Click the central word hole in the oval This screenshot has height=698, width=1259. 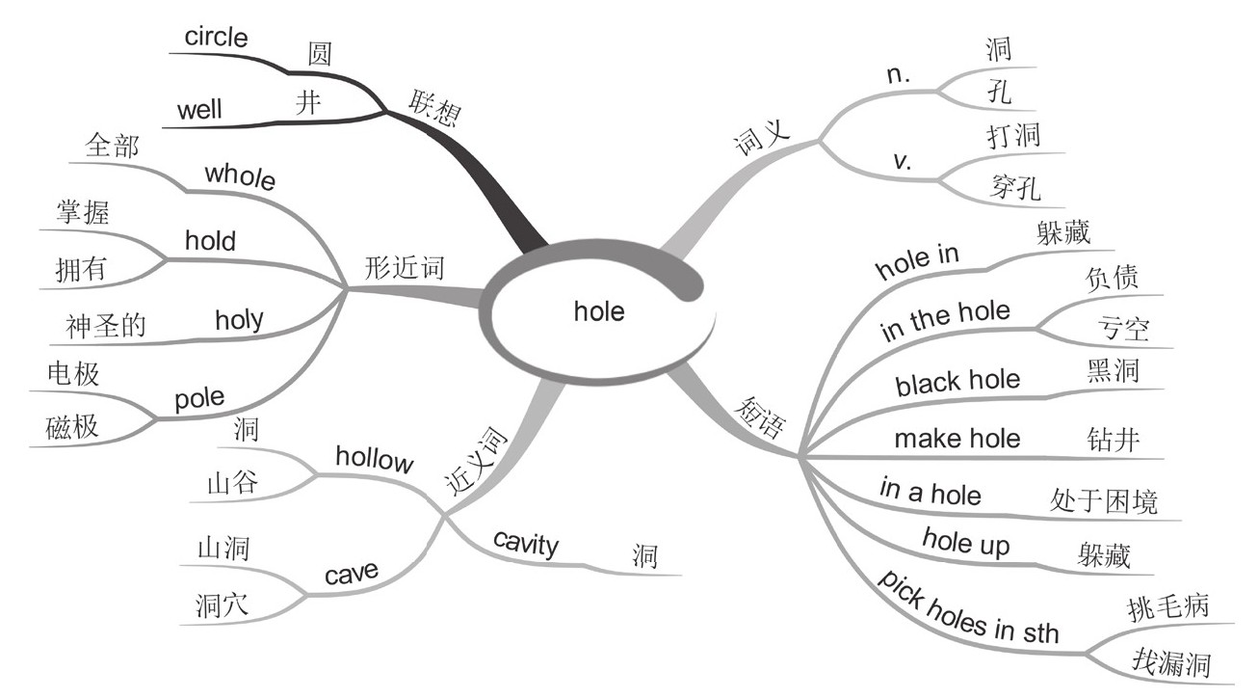[599, 311]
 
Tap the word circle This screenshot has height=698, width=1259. [216, 39]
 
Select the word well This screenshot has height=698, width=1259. [199, 110]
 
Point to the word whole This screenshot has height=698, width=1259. [241, 177]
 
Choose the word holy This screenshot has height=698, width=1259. [239, 318]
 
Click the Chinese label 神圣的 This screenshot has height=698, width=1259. [107, 327]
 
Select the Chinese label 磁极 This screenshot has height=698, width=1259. [72, 427]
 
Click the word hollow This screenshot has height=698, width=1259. [374, 459]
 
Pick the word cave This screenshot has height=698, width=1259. [351, 576]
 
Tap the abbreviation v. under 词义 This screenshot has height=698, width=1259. [903, 161]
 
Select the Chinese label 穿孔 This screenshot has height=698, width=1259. [1015, 187]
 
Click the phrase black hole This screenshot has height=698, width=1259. [957, 382]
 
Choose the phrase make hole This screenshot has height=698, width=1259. [957, 439]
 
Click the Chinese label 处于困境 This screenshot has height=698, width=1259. [1103, 501]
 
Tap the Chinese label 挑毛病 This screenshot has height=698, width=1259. [1167, 607]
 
